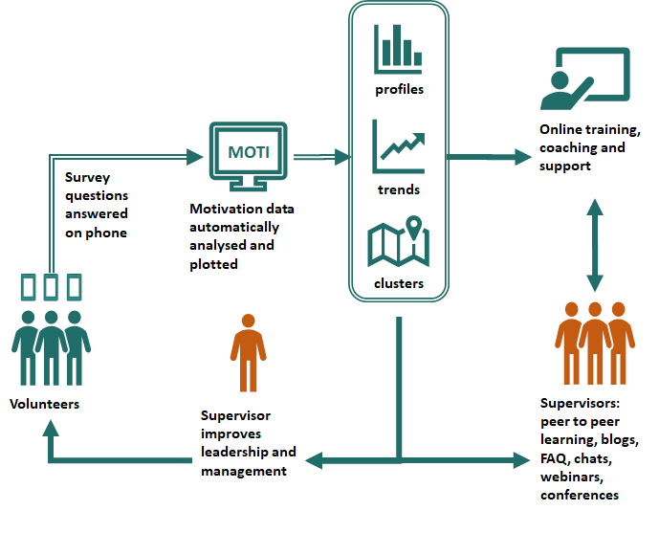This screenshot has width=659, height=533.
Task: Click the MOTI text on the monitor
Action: tap(249, 152)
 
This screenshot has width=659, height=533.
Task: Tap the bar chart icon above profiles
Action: tap(398, 49)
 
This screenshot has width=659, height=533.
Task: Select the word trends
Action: tap(399, 189)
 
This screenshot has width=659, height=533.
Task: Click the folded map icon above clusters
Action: tap(399, 242)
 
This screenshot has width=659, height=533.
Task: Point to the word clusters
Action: tap(399, 283)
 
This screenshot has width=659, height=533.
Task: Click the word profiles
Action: tap(399, 90)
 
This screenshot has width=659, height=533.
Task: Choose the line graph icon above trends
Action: tap(399, 146)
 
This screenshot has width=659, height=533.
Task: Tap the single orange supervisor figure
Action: tap(248, 353)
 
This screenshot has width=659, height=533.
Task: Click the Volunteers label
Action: tap(45, 404)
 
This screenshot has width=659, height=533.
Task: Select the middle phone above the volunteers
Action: tap(51, 287)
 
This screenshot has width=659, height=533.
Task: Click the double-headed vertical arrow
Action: tap(595, 245)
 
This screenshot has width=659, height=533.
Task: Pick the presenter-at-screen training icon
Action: tap(584, 78)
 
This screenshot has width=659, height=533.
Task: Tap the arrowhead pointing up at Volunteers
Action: tap(51, 428)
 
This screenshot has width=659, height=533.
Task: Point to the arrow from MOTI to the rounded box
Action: tap(321, 157)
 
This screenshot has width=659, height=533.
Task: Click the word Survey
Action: tap(87, 177)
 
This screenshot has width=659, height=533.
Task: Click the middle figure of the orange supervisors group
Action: tap(595, 343)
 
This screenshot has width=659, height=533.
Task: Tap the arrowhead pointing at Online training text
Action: tap(523, 157)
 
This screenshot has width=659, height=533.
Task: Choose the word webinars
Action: tap(572, 477)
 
